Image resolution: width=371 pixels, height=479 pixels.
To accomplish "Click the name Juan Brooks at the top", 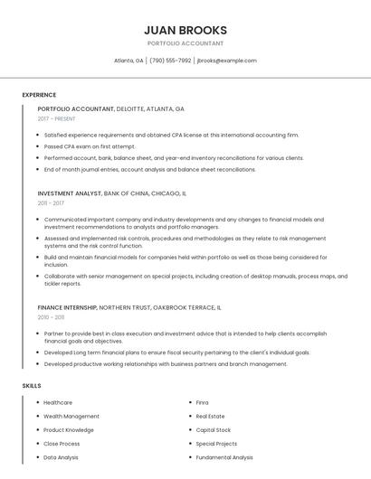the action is pyautogui.click(x=185, y=30).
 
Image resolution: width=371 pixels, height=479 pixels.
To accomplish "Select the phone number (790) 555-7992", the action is pyautogui.click(x=170, y=61).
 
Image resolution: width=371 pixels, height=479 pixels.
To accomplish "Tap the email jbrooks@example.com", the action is pyautogui.click(x=226, y=61).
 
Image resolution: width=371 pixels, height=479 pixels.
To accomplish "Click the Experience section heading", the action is pyautogui.click(x=39, y=95).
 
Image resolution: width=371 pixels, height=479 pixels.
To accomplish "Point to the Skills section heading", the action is pyautogui.click(x=32, y=386).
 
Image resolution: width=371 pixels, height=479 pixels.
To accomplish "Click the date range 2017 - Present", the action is pyautogui.click(x=57, y=118).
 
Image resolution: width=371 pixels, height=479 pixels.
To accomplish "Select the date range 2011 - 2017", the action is pyautogui.click(x=51, y=203).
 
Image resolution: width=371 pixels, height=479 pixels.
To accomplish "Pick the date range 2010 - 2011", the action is pyautogui.click(x=51, y=317).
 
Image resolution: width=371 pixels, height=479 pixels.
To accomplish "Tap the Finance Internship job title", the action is pyautogui.click(x=66, y=307).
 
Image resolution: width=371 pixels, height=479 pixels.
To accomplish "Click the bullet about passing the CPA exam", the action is pyautogui.click(x=90, y=146).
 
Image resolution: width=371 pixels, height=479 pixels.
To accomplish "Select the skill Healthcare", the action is pyautogui.click(x=58, y=402).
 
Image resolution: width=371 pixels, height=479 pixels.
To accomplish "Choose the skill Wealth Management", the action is pyautogui.click(x=71, y=417).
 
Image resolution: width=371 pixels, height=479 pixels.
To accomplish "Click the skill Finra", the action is pyautogui.click(x=203, y=402).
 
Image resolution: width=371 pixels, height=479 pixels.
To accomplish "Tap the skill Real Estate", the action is pyautogui.click(x=211, y=417).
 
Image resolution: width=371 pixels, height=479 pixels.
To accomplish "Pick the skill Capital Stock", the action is pyautogui.click(x=214, y=430).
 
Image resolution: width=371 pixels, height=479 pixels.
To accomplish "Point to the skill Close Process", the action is pyautogui.click(x=62, y=444).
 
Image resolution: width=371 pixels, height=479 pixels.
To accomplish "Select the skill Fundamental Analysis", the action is pyautogui.click(x=224, y=457).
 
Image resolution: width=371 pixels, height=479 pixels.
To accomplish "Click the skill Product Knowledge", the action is pyautogui.click(x=69, y=430).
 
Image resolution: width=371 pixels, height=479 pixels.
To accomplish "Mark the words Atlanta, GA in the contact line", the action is pyautogui.click(x=128, y=61).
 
